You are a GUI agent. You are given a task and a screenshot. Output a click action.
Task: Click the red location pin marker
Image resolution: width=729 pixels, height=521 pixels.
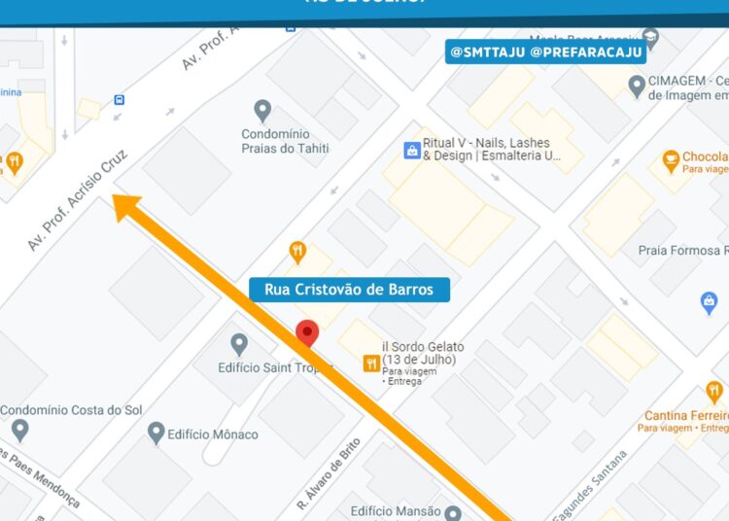tap(307, 331)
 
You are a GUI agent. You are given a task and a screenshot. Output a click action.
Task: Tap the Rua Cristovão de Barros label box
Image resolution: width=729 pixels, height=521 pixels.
tap(349, 290)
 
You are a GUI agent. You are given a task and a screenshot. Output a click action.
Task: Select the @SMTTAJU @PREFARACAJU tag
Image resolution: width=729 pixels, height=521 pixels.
tap(545, 52)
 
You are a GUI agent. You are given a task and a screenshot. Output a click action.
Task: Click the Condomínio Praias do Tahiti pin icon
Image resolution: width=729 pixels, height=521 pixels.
tap(261, 110)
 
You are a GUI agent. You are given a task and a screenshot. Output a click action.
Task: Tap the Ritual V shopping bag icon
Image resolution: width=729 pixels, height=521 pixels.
tap(411, 150)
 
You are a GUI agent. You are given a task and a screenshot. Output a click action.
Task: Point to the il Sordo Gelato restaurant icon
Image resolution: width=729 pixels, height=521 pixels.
tap(370, 364)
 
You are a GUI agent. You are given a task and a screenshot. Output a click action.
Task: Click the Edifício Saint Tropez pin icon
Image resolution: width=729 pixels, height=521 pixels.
tap(239, 344)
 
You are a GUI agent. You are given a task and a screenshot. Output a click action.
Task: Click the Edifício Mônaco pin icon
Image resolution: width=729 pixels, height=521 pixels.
tap(156, 432)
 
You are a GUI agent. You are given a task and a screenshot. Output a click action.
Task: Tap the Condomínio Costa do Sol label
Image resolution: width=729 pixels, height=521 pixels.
tap(72, 410)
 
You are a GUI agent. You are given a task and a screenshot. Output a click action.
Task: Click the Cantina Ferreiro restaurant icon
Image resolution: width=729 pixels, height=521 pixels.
tap(714, 392)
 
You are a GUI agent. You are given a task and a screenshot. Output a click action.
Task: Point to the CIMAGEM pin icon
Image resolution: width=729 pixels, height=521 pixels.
tap(637, 87)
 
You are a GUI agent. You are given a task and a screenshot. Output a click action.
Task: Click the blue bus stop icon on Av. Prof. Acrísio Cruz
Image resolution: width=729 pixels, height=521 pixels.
tap(119, 99)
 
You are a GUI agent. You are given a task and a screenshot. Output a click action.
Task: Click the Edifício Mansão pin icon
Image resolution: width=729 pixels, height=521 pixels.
tap(452, 511)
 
